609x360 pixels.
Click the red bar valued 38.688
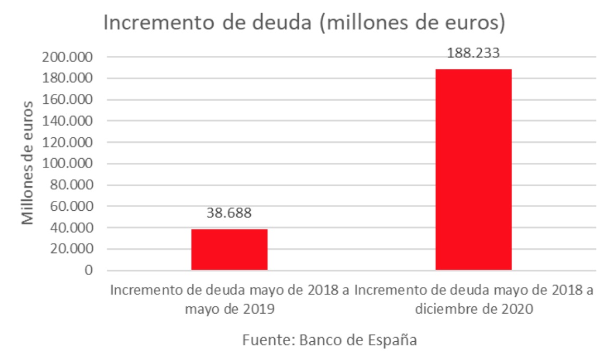[x=229, y=249]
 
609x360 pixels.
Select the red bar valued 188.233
[x=473, y=170]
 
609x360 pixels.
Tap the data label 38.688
[x=229, y=213]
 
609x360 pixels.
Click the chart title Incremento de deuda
[x=304, y=23]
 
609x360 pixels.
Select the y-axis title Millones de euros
[x=29, y=163]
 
